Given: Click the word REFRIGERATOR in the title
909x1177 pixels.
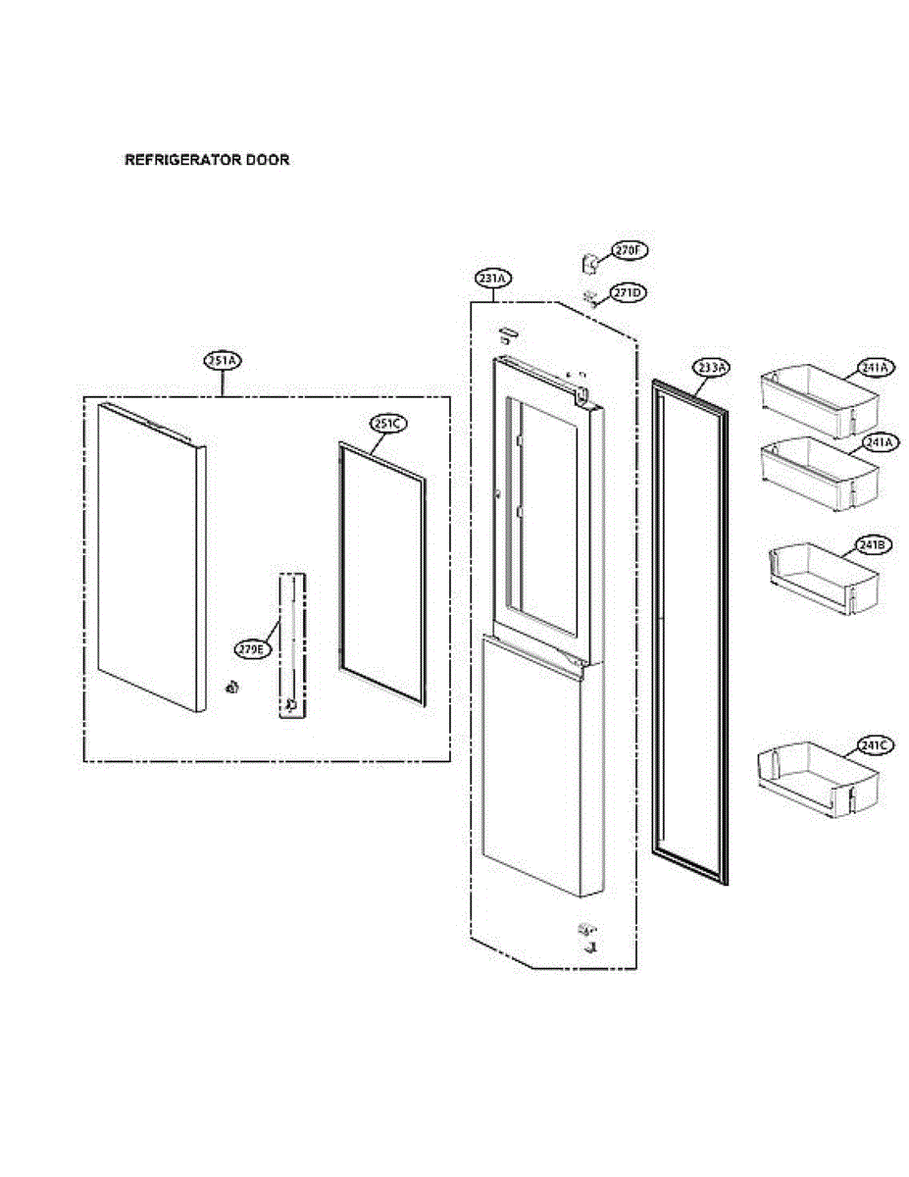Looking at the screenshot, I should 177,159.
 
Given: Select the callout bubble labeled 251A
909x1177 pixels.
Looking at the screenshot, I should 223,361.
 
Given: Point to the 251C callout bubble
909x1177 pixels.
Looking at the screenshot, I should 387,424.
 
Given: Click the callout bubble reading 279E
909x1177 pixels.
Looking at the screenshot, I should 252,649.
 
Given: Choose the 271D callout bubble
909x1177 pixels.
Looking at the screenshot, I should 629,293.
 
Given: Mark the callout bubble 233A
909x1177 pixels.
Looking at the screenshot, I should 712,368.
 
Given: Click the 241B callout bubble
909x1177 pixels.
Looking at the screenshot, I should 873,545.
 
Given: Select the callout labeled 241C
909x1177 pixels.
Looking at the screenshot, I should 873,745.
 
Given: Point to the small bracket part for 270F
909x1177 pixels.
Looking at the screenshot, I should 591,263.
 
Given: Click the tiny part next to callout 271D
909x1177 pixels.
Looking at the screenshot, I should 590,296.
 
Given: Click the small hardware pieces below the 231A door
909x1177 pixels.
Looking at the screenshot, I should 588,937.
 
